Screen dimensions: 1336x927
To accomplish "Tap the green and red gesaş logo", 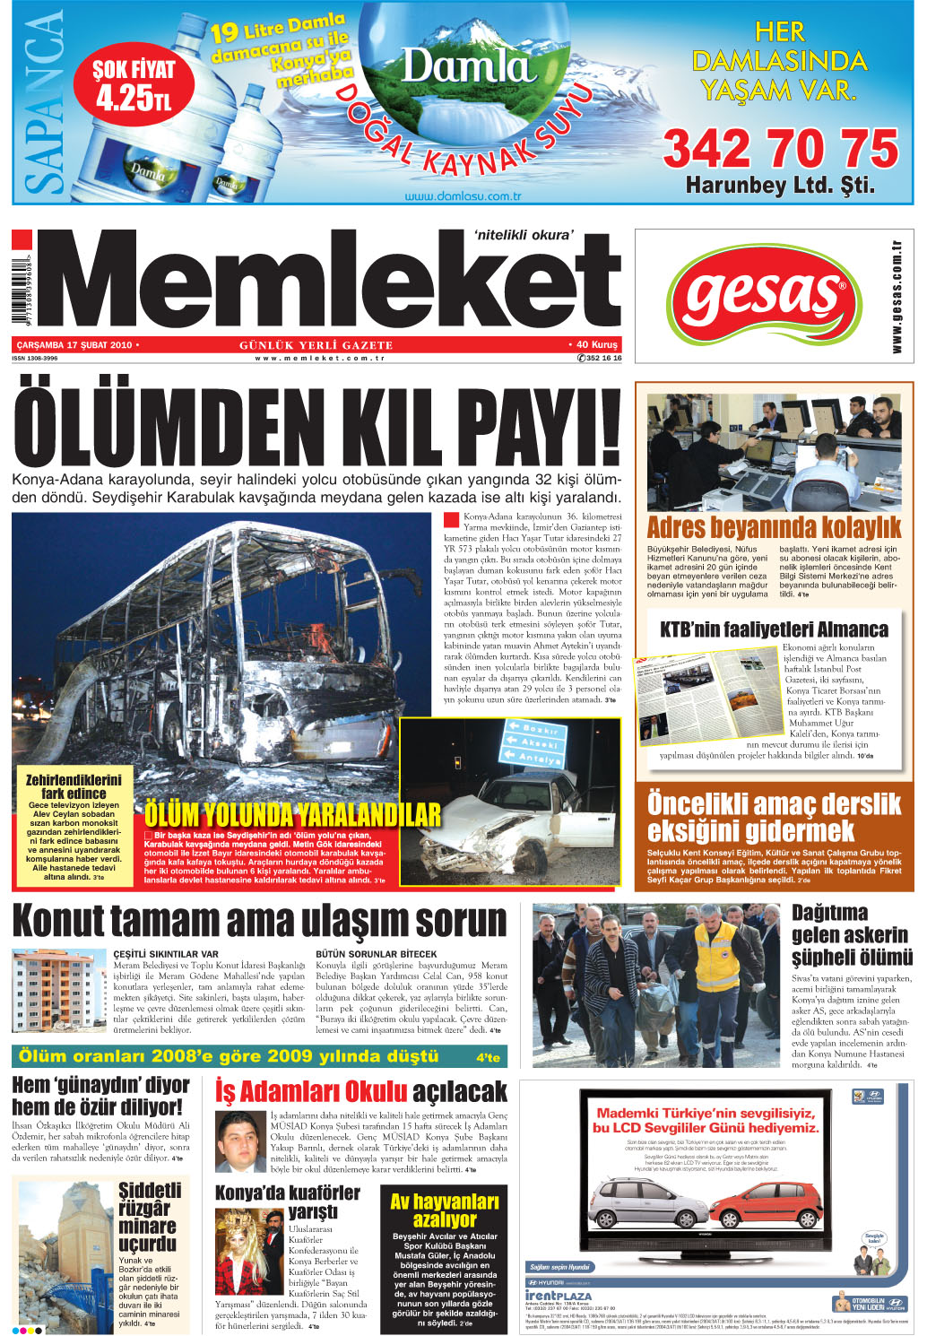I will pyautogui.click(x=764, y=294).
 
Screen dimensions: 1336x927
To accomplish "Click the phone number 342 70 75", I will pyautogui.click(x=780, y=148).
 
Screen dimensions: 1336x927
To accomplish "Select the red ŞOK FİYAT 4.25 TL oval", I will pyautogui.click(x=134, y=85).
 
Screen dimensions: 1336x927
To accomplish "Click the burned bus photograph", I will pyautogui.click(x=215, y=628).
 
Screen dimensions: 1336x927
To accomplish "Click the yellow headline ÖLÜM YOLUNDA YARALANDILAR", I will pyautogui.click(x=292, y=814).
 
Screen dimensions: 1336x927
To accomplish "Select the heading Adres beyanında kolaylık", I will pyautogui.click(x=774, y=526).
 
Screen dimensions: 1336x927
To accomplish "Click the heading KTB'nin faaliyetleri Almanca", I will pyautogui.click(x=774, y=629).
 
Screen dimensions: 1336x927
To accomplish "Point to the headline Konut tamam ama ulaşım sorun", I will pyautogui.click(x=260, y=922).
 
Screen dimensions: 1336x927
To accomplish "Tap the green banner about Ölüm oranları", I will pyautogui.click(x=260, y=1056).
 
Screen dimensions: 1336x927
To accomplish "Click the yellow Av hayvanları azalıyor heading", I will pyautogui.click(x=445, y=1210).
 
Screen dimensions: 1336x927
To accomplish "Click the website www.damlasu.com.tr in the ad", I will pyautogui.click(x=463, y=195).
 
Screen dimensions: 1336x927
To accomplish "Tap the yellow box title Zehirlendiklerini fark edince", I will pyautogui.click(x=74, y=786).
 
